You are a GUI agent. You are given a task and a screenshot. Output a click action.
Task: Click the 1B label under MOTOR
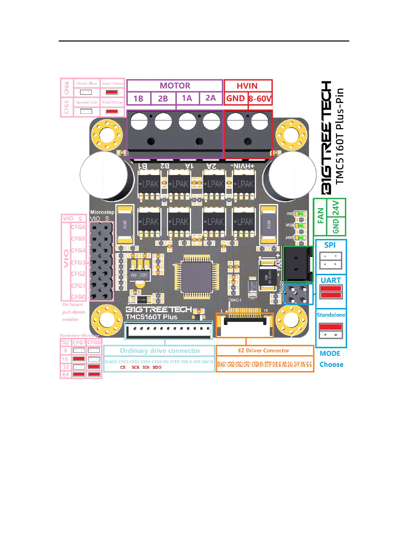click(x=138, y=99)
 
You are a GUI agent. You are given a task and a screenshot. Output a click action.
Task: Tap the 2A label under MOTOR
click(x=211, y=98)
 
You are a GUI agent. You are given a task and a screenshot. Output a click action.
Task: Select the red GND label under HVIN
click(x=235, y=98)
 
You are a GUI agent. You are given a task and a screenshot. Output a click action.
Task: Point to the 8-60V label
click(x=260, y=99)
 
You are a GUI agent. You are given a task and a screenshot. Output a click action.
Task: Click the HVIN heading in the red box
click(x=247, y=86)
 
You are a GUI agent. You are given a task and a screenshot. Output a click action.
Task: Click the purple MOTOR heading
click(x=175, y=86)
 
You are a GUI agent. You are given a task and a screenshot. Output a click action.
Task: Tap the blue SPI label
click(x=330, y=245)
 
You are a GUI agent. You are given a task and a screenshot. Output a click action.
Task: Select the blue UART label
click(x=331, y=280)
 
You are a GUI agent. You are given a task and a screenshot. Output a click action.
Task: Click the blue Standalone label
click(x=331, y=315)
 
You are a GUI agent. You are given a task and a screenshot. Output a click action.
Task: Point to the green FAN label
click(x=320, y=216)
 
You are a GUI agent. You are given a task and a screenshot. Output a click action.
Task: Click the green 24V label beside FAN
click(x=336, y=207)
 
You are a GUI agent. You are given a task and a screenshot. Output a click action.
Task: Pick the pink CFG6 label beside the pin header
click(x=78, y=227)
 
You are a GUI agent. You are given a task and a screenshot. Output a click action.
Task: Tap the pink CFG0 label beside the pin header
click(x=78, y=297)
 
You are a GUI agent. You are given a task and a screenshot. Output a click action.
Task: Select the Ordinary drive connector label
click(x=160, y=351)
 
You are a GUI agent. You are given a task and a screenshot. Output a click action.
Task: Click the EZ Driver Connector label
click(x=264, y=351)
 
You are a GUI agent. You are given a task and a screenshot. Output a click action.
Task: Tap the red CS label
click(x=123, y=367)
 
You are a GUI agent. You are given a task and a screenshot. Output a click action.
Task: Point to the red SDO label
click(x=157, y=367)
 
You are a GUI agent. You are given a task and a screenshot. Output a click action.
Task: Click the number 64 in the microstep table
click(x=66, y=374)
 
